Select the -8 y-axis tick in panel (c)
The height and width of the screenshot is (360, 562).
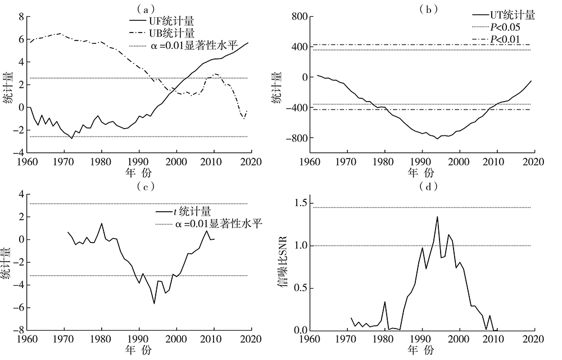(18, 330)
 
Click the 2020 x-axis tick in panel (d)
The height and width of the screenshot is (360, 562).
(533, 339)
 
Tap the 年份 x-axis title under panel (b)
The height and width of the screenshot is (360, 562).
(420, 171)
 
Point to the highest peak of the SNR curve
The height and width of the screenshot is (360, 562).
(437, 217)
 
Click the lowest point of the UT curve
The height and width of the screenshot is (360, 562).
(437, 139)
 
